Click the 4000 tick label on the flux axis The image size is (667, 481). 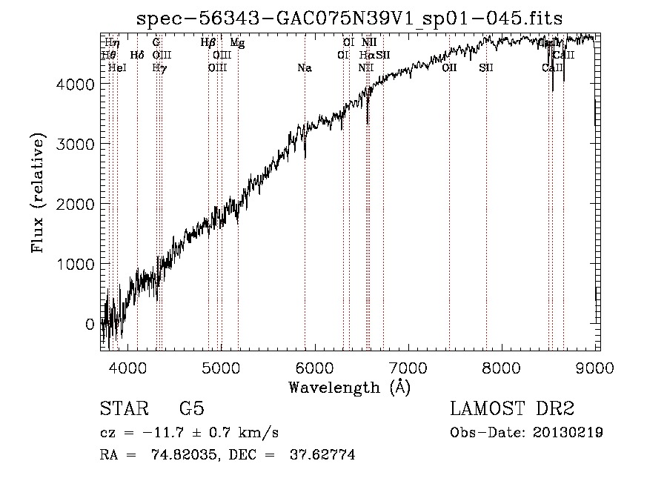click(x=76, y=84)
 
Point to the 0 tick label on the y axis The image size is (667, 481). click(x=90, y=324)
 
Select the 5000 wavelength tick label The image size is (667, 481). click(x=221, y=367)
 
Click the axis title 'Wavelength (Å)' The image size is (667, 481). click(x=350, y=387)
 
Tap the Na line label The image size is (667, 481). click(x=305, y=68)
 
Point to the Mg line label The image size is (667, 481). click(x=237, y=43)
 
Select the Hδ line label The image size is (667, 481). click(x=137, y=55)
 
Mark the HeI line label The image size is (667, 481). click(x=117, y=68)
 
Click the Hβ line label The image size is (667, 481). click(x=208, y=43)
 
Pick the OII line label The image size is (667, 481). click(x=449, y=68)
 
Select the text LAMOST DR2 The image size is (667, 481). click(x=512, y=409)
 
